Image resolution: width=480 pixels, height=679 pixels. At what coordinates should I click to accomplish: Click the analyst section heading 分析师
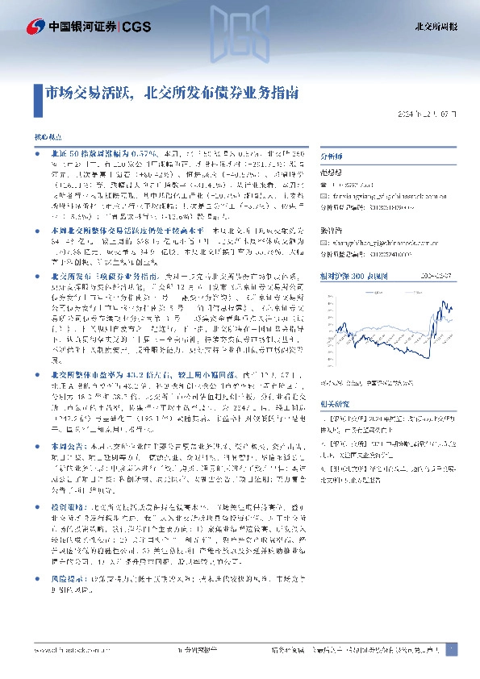pos(332,157)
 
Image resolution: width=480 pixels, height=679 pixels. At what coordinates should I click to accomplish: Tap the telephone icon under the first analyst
pos(323,185)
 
